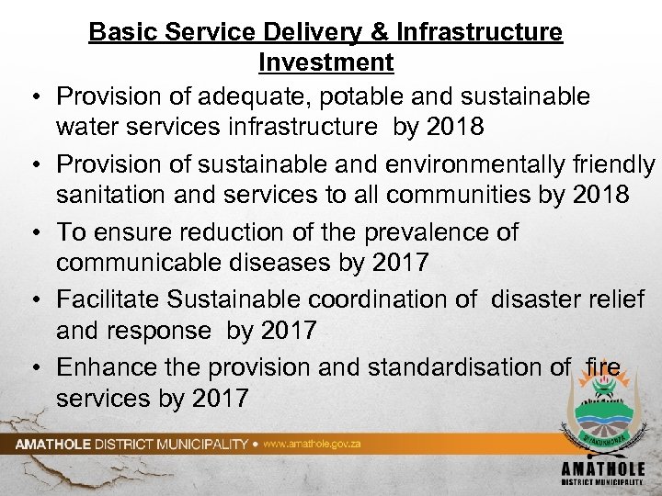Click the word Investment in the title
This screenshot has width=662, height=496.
tap(326, 62)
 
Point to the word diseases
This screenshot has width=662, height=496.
tap(288, 263)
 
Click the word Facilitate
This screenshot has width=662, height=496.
tap(109, 299)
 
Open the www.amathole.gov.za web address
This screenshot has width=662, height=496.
tap(312, 444)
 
